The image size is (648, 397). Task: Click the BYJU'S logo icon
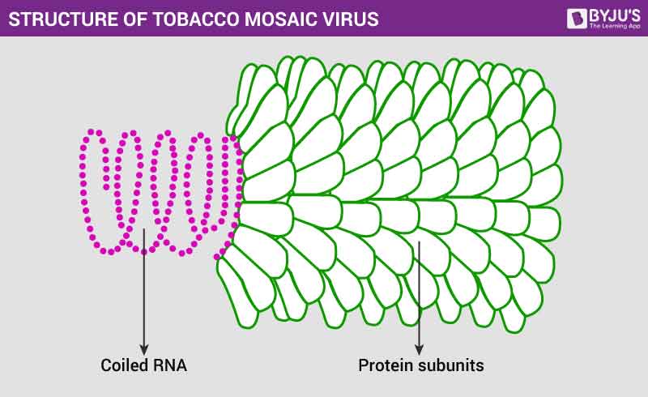click(577, 18)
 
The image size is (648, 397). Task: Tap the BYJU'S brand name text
click(614, 13)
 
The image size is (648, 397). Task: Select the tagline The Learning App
click(614, 26)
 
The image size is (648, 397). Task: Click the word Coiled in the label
click(122, 365)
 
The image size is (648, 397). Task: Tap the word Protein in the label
click(384, 365)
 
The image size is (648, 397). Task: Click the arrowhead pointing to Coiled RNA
click(144, 349)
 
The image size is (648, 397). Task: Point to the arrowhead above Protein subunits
click(419, 349)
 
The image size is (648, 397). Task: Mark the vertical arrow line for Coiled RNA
click(144, 292)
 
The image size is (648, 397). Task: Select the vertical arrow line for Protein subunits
click(419, 296)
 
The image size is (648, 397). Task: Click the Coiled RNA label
click(143, 365)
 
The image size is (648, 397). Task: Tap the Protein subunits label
click(421, 365)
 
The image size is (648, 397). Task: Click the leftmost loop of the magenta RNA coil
click(96, 190)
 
